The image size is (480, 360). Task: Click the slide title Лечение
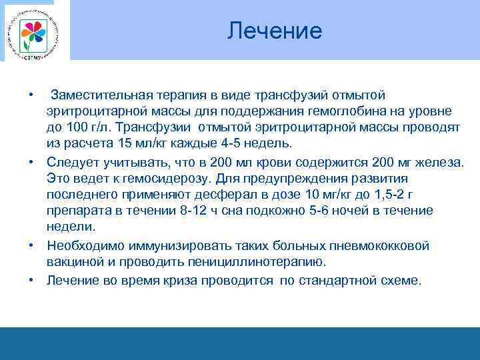274,31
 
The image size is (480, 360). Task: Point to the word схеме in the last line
400,280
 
